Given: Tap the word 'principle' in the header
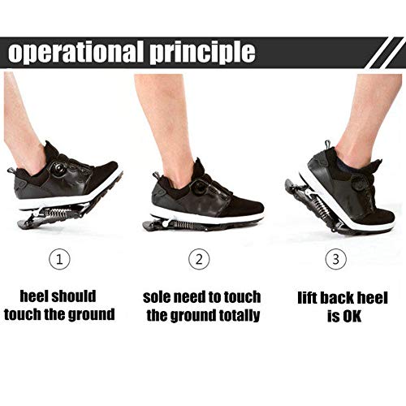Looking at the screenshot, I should tap(202, 53).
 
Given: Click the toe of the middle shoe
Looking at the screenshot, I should tap(256, 209).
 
